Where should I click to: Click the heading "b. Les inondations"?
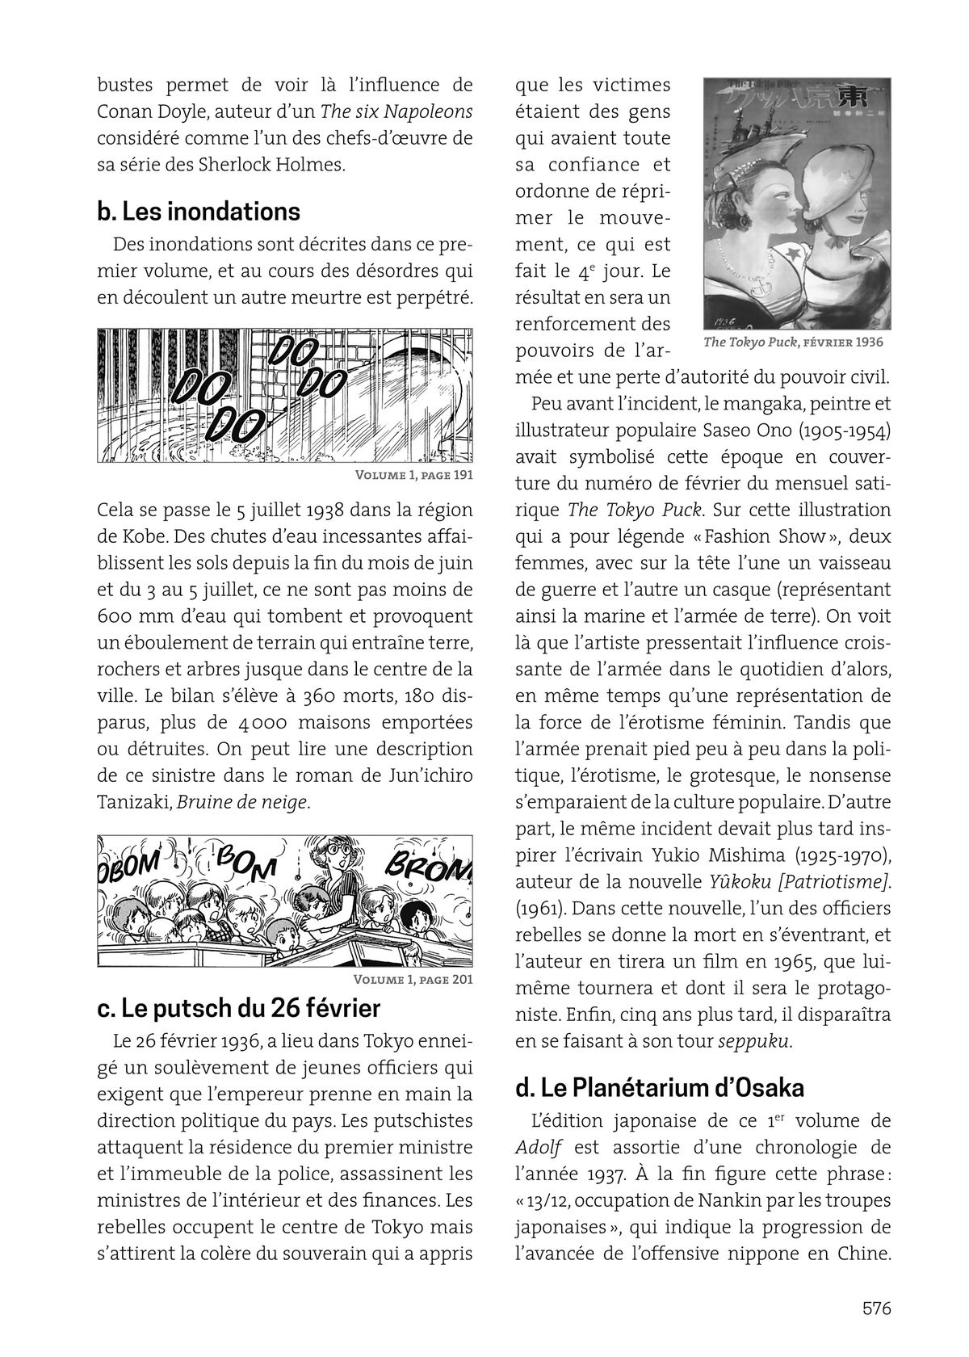point(199,212)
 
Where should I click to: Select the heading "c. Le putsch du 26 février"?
point(238,1009)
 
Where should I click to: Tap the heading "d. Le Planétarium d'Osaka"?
point(660,1088)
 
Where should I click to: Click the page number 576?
point(875,1308)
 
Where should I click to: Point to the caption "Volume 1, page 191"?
point(413,474)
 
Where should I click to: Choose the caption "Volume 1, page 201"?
point(413,981)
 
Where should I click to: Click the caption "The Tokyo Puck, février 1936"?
point(793,342)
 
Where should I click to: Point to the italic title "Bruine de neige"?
point(242,802)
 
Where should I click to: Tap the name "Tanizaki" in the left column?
point(133,802)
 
